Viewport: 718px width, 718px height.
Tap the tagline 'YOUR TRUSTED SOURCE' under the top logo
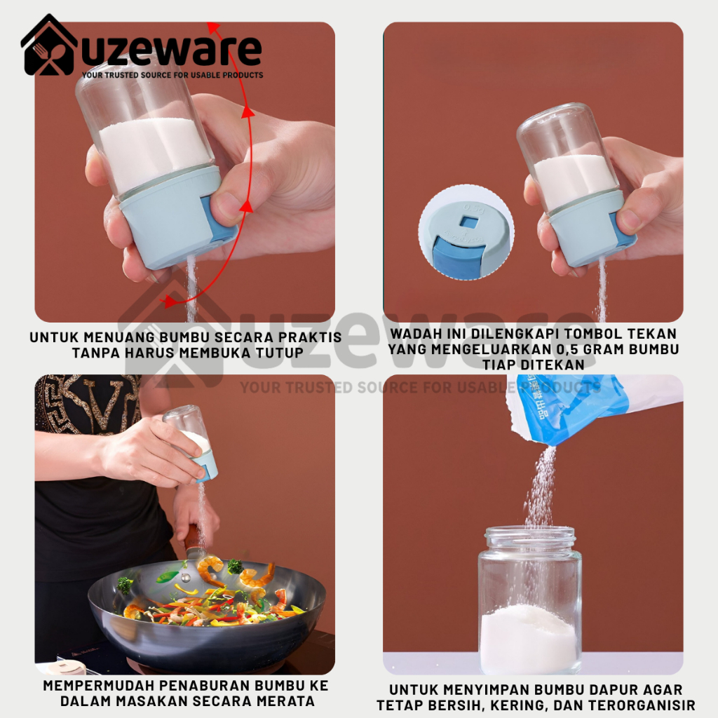(x=172, y=75)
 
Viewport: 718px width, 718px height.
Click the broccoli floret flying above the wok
(x=235, y=566)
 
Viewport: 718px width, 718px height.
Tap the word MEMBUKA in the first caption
(x=222, y=353)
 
